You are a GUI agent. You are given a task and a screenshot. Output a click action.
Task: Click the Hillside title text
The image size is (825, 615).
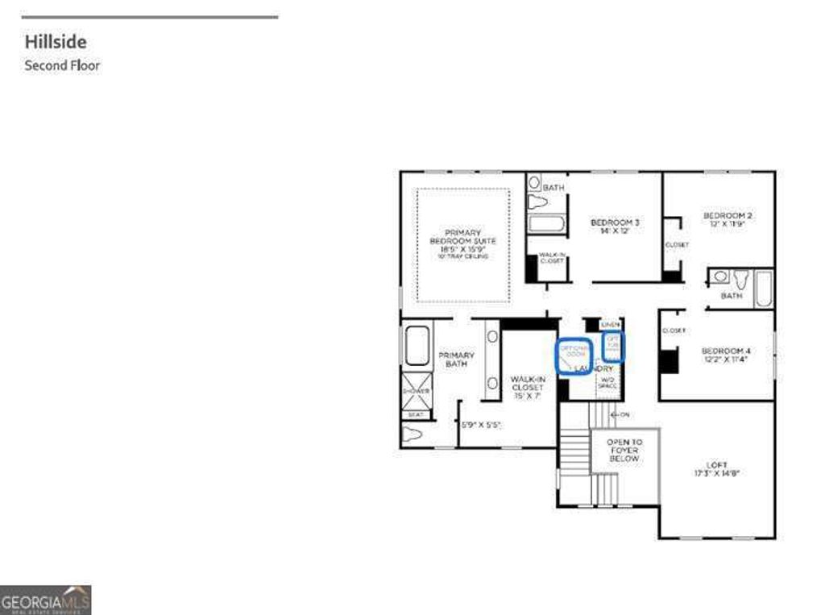[x=56, y=41]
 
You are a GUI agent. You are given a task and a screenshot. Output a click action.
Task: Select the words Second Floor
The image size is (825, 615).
[x=62, y=65]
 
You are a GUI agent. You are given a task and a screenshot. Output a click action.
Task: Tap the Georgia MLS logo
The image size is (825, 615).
[x=45, y=600]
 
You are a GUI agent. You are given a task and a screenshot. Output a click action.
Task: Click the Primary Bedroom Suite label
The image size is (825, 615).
[x=462, y=241]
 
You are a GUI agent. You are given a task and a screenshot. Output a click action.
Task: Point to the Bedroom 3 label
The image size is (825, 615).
[x=615, y=226]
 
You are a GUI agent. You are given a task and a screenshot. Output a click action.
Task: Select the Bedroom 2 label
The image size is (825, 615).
[x=728, y=219]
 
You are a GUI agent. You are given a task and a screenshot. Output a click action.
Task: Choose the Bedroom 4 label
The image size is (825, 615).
[x=725, y=355]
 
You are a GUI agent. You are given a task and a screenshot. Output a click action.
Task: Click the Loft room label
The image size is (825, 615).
[x=716, y=469]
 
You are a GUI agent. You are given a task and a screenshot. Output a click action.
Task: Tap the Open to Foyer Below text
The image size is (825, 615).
[x=624, y=450]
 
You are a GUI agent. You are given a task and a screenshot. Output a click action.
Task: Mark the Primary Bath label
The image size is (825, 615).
[x=456, y=359]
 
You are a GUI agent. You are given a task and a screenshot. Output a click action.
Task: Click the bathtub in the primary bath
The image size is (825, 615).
[x=417, y=346]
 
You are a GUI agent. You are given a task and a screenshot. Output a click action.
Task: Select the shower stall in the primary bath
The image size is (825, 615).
[x=417, y=391]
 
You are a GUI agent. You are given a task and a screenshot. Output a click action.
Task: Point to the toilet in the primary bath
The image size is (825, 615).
[x=412, y=434]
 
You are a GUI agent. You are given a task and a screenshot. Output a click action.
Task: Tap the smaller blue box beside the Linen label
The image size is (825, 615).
[x=614, y=345]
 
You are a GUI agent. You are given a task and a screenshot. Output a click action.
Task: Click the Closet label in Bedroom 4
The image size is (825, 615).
[x=674, y=330]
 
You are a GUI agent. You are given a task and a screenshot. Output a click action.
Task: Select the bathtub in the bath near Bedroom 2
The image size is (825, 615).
[x=763, y=288]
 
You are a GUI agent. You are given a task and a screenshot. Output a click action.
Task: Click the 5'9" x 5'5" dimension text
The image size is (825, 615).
[x=481, y=423]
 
